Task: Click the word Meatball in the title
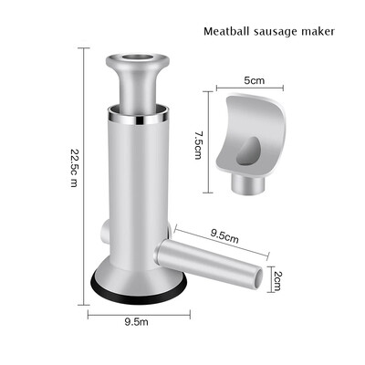click(226, 31)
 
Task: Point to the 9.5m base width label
click(137, 321)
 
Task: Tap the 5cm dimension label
click(255, 80)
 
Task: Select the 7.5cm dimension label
click(198, 145)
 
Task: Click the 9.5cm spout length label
click(224, 235)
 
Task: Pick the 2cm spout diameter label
click(277, 280)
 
